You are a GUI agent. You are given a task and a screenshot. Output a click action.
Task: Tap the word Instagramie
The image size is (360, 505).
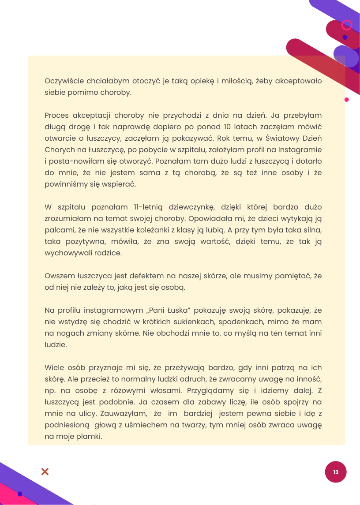click(x=299, y=150)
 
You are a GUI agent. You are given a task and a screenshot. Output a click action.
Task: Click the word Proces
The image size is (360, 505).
click(x=56, y=115)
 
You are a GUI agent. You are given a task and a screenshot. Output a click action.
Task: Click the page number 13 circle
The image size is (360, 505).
click(x=336, y=472)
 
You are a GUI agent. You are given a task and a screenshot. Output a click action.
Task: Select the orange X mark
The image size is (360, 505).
click(x=45, y=472)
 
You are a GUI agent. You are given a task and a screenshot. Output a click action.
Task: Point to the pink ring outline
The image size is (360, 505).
click(x=347, y=25)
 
